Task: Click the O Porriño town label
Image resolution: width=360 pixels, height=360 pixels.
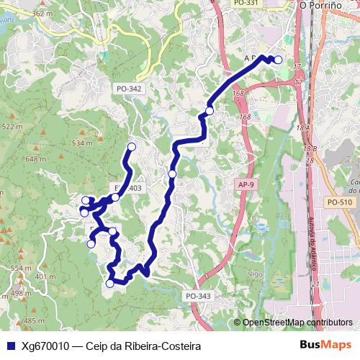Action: click(x=323, y=5)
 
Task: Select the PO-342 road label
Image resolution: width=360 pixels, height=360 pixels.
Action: click(x=129, y=89)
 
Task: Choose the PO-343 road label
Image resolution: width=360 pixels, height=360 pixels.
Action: click(x=198, y=296)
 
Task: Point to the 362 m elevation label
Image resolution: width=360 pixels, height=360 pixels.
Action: click(x=42, y=14)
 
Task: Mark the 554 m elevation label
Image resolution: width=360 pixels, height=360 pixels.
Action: click(x=22, y=268)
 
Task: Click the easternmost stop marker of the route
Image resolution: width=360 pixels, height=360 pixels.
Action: click(x=278, y=60)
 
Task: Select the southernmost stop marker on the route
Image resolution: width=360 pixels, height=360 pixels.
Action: click(x=110, y=283)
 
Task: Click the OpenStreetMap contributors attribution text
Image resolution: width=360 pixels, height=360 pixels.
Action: click(x=297, y=323)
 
